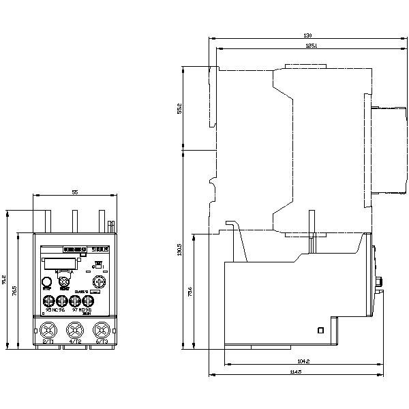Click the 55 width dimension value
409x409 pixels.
75,193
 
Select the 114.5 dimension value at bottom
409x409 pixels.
295,372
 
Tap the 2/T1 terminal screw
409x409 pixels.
48,331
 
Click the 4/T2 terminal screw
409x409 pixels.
74,331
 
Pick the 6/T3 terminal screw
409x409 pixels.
101,331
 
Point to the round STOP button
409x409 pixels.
47,281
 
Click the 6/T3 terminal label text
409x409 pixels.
101,342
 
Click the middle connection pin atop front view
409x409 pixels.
75,222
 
